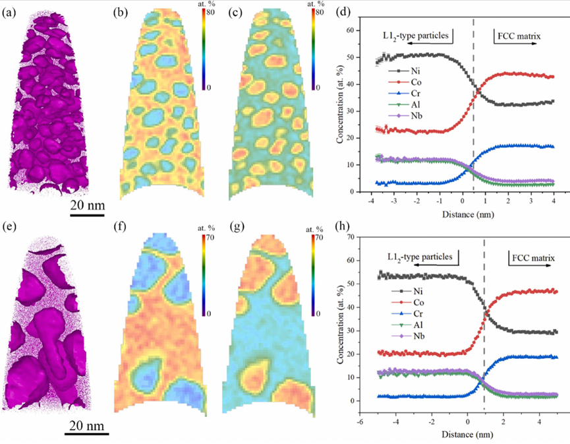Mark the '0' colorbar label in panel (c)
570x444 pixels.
point(316,87)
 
